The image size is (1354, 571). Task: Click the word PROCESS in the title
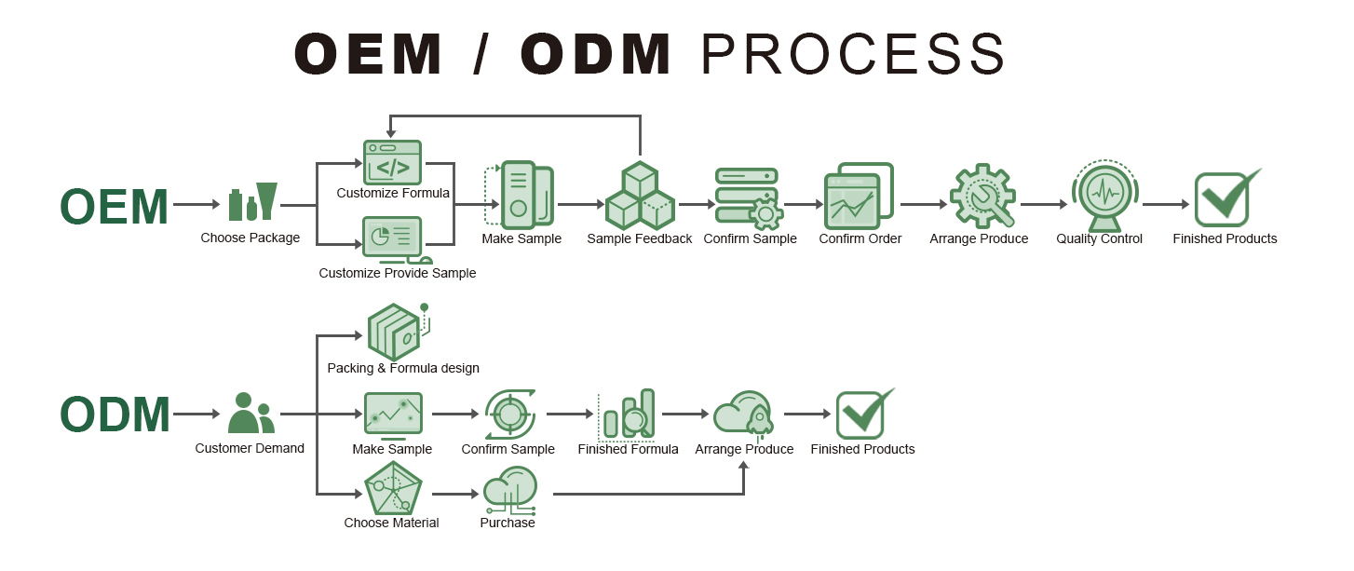pos(852,54)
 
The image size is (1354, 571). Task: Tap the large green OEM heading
pos(114,207)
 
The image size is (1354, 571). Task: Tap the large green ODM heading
pos(115,415)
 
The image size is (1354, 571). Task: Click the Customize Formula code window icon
pos(392,162)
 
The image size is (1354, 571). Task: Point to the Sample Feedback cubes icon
pos(640,197)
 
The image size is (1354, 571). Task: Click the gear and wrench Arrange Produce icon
pos(982,197)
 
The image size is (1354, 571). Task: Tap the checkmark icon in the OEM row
pos(1225,197)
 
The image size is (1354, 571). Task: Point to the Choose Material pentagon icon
pos(393,489)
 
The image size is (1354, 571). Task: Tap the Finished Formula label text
pos(628,450)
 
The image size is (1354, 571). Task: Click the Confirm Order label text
pos(860,239)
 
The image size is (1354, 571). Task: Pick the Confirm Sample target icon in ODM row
pos(509,414)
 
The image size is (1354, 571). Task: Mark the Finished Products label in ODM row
pos(862,450)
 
